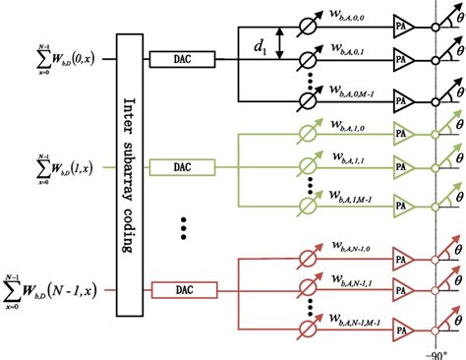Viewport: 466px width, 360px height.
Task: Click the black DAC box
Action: pyautogui.click(x=177, y=61)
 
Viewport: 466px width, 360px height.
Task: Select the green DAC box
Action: pyautogui.click(x=177, y=169)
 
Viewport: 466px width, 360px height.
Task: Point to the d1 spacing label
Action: pyautogui.click(x=261, y=43)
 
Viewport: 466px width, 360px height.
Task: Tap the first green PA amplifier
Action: pyautogui.click(x=403, y=137)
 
